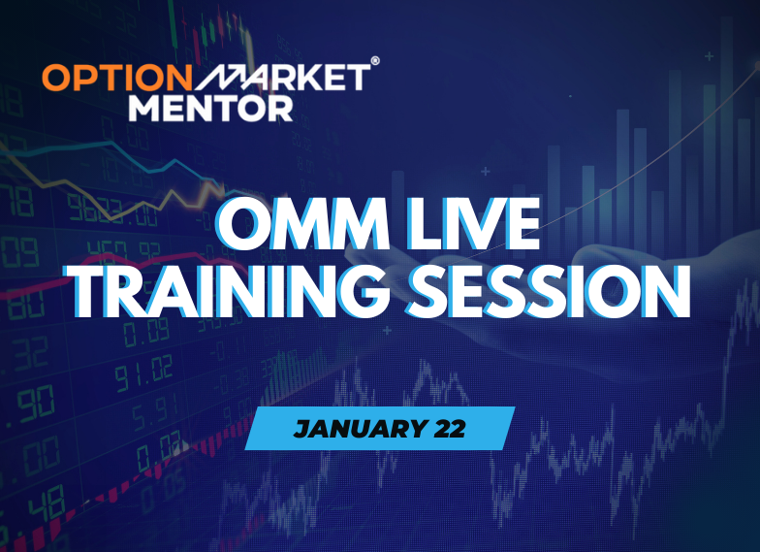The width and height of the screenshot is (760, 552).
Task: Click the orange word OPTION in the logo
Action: [106, 77]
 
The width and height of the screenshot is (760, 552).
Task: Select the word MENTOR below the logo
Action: [210, 106]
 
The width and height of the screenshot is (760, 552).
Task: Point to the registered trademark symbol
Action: [375, 60]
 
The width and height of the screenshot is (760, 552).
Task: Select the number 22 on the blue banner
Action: [445, 429]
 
